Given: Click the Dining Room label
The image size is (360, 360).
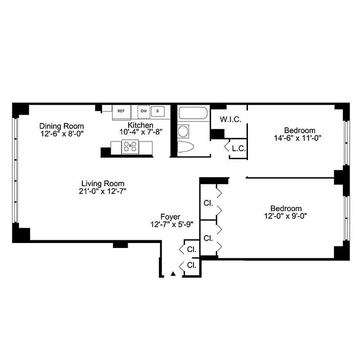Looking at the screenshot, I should pyautogui.click(x=61, y=126).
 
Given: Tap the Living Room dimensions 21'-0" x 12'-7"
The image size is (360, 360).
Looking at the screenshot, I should pyautogui.click(x=103, y=191).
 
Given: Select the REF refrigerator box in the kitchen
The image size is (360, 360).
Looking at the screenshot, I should pyautogui.click(x=121, y=111).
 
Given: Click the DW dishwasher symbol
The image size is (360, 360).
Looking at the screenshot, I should pyautogui.click(x=144, y=111).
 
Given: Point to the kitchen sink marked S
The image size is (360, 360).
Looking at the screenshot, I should pyautogui.click(x=157, y=111).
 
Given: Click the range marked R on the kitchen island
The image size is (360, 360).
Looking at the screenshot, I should pyautogui.click(x=131, y=146).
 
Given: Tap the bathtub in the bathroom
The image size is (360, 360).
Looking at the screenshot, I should pyautogui.click(x=192, y=112).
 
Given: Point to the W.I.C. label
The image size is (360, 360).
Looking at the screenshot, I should pyautogui.click(x=231, y=120).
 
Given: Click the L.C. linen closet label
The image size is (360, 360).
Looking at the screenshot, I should pyautogui.click(x=238, y=148).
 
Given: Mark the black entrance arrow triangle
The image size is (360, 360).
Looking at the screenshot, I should pyautogui.click(x=173, y=273).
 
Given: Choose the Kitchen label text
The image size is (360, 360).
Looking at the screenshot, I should pyautogui.click(x=140, y=125).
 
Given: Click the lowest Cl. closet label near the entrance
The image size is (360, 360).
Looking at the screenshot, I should pyautogui.click(x=191, y=265).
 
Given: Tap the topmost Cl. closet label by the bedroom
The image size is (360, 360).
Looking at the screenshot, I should pyautogui.click(x=208, y=203).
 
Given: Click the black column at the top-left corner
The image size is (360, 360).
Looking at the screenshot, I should pyautogui.click(x=20, y=109).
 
